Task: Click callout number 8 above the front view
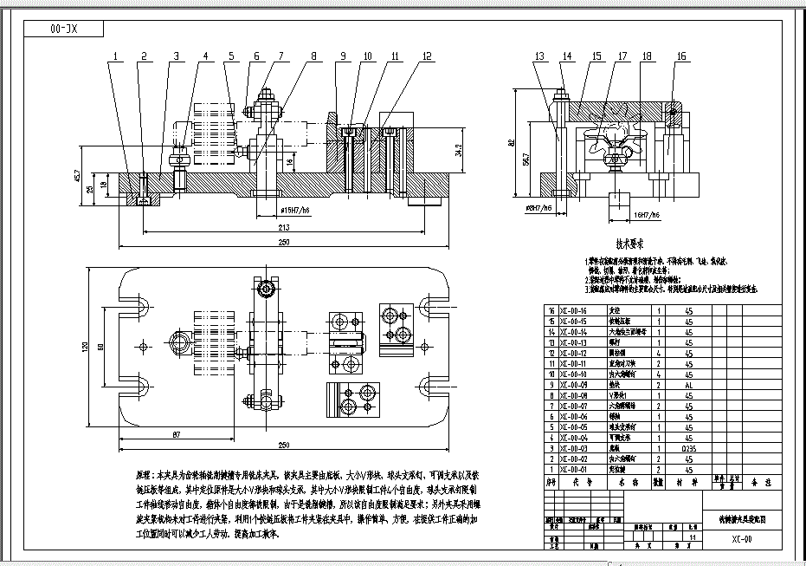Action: [x=313, y=56]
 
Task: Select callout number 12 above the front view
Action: [x=426, y=56]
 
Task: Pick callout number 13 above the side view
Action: [x=539, y=56]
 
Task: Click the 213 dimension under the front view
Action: [x=284, y=227]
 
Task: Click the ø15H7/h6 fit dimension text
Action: [x=298, y=210]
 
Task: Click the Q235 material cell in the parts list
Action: [x=689, y=449]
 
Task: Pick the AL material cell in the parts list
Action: [x=689, y=383]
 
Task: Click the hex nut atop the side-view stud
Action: [x=563, y=96]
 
